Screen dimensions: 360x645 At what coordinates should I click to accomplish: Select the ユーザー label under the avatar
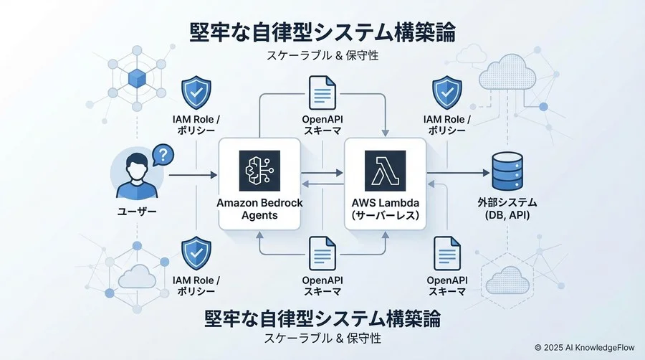136,212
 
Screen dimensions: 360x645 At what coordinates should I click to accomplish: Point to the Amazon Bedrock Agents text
259,209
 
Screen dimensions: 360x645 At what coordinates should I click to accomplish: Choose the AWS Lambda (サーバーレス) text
385,209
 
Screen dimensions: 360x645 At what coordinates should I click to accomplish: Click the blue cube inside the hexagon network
135,78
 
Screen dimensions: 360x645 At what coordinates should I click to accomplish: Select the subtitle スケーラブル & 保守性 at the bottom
322,337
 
